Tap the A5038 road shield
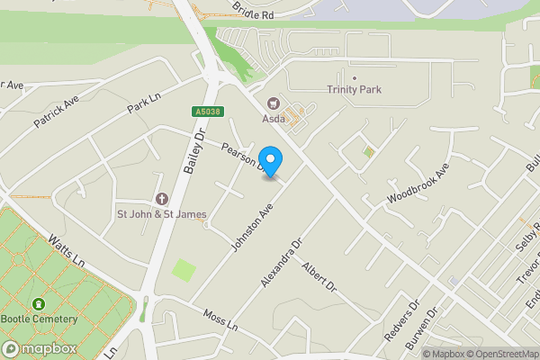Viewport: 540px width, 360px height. click(x=205, y=112)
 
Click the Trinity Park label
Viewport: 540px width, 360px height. click(x=355, y=89)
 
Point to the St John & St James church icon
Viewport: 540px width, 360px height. click(x=162, y=199)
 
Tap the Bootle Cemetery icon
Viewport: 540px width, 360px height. click(x=39, y=305)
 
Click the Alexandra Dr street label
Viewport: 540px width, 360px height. click(x=281, y=263)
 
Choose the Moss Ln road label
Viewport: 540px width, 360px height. click(x=220, y=320)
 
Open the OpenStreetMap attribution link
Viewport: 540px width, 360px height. click(x=500, y=354)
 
